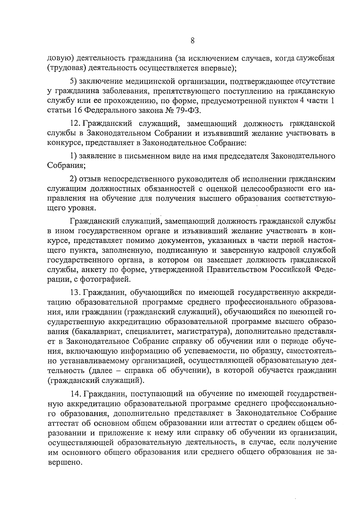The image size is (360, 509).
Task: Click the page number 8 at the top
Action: tap(193, 40)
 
